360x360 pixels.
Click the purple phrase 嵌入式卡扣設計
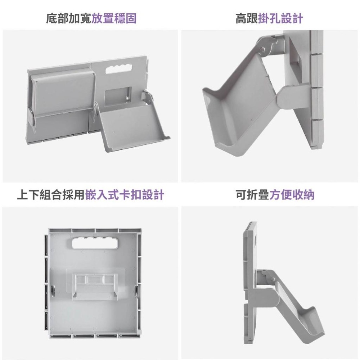click(x=125, y=195)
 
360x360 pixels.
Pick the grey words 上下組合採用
click(x=51, y=195)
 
